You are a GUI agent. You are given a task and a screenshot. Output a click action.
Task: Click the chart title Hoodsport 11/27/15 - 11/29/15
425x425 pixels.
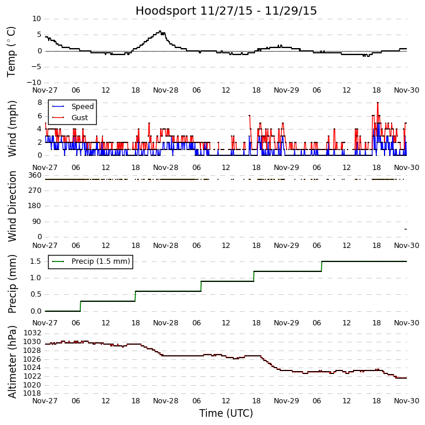[226, 11]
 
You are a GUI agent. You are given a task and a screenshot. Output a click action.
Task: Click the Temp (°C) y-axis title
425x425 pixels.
[12, 51]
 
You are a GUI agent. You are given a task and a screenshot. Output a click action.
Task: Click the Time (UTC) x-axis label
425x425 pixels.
[226, 413]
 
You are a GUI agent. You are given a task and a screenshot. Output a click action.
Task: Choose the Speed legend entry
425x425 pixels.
[82, 107]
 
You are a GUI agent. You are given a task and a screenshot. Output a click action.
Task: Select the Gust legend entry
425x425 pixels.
[80, 117]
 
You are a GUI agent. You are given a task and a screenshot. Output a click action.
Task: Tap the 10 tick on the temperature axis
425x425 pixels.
[36, 19]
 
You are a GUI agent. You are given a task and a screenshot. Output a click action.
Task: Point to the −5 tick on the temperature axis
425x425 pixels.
[35, 67]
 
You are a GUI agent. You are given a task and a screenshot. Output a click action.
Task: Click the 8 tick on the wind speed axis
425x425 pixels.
[39, 102]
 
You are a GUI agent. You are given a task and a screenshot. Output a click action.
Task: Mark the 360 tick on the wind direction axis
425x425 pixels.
[35, 175]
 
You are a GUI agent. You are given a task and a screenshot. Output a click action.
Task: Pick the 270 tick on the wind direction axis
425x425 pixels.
[35, 191]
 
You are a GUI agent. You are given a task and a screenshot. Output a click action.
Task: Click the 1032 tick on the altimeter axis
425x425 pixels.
[32, 333]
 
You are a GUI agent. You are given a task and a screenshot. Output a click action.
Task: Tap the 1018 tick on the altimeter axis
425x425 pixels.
[32, 393]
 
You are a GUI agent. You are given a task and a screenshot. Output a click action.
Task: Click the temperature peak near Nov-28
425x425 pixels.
[159, 32]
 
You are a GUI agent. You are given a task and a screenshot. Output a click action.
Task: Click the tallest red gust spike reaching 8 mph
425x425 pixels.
[378, 103]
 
